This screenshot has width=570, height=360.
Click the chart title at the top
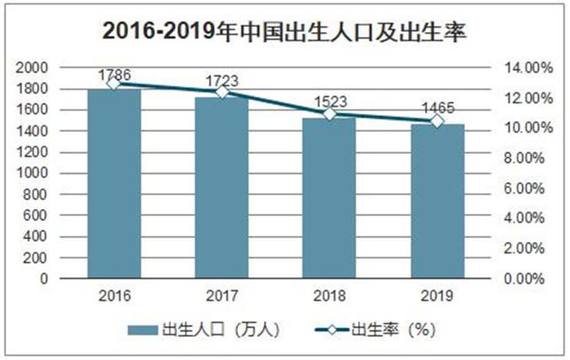tap(285, 31)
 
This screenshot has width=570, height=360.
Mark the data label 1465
tap(438, 108)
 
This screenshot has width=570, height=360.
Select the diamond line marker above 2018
tap(329, 114)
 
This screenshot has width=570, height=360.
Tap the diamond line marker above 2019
tap(438, 120)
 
